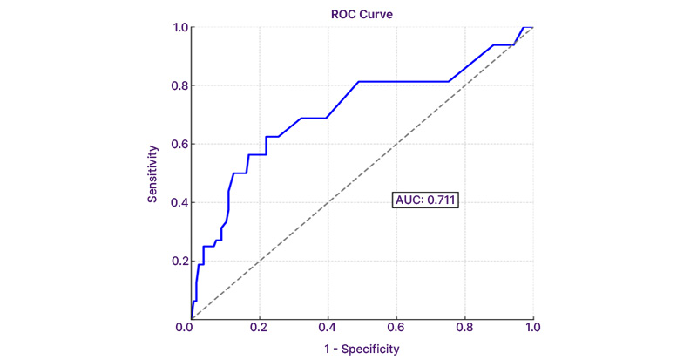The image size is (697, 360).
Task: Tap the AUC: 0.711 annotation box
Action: coord(424,200)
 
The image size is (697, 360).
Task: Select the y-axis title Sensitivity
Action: coord(152,173)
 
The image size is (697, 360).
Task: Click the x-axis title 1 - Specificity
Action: coord(362,349)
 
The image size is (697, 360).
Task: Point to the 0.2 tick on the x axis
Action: coord(260,328)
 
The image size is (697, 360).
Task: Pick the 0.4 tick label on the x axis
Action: coord(328,328)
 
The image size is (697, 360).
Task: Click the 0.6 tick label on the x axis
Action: coord(396,328)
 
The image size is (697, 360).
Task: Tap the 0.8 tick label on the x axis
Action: coord(464,328)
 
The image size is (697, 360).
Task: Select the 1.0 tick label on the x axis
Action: coord(532,328)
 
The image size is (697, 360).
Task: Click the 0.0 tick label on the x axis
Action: coord(191,328)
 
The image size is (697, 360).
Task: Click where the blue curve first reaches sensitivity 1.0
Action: coord(522,27)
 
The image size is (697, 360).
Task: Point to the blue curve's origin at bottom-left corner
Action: coord(192,319)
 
